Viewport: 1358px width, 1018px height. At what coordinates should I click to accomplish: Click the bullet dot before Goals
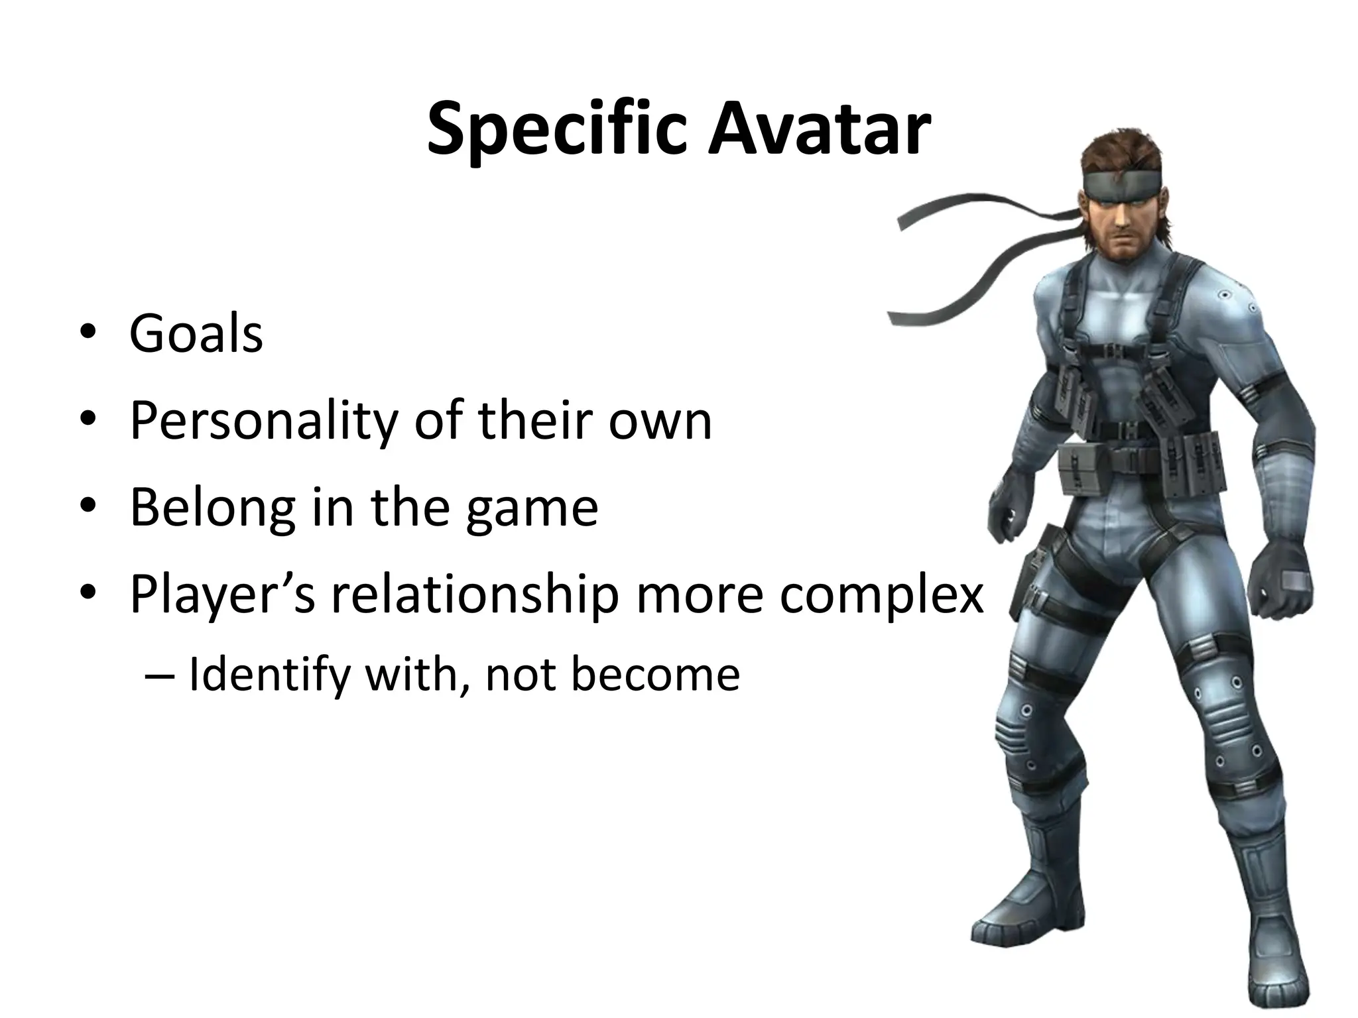point(86,334)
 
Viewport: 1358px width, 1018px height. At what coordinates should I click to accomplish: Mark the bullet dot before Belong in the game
point(86,508)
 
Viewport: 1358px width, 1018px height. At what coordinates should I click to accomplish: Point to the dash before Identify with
point(160,676)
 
